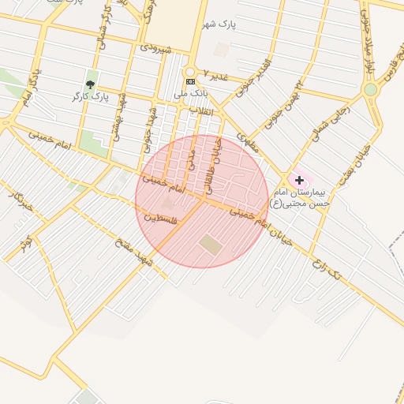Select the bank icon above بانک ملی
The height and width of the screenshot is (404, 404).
(190, 81)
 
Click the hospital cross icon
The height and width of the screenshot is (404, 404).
(299, 181)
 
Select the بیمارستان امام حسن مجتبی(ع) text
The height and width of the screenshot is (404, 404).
(303, 198)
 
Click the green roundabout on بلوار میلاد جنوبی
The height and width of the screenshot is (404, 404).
(370, 90)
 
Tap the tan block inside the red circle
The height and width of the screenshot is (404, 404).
(211, 244)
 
